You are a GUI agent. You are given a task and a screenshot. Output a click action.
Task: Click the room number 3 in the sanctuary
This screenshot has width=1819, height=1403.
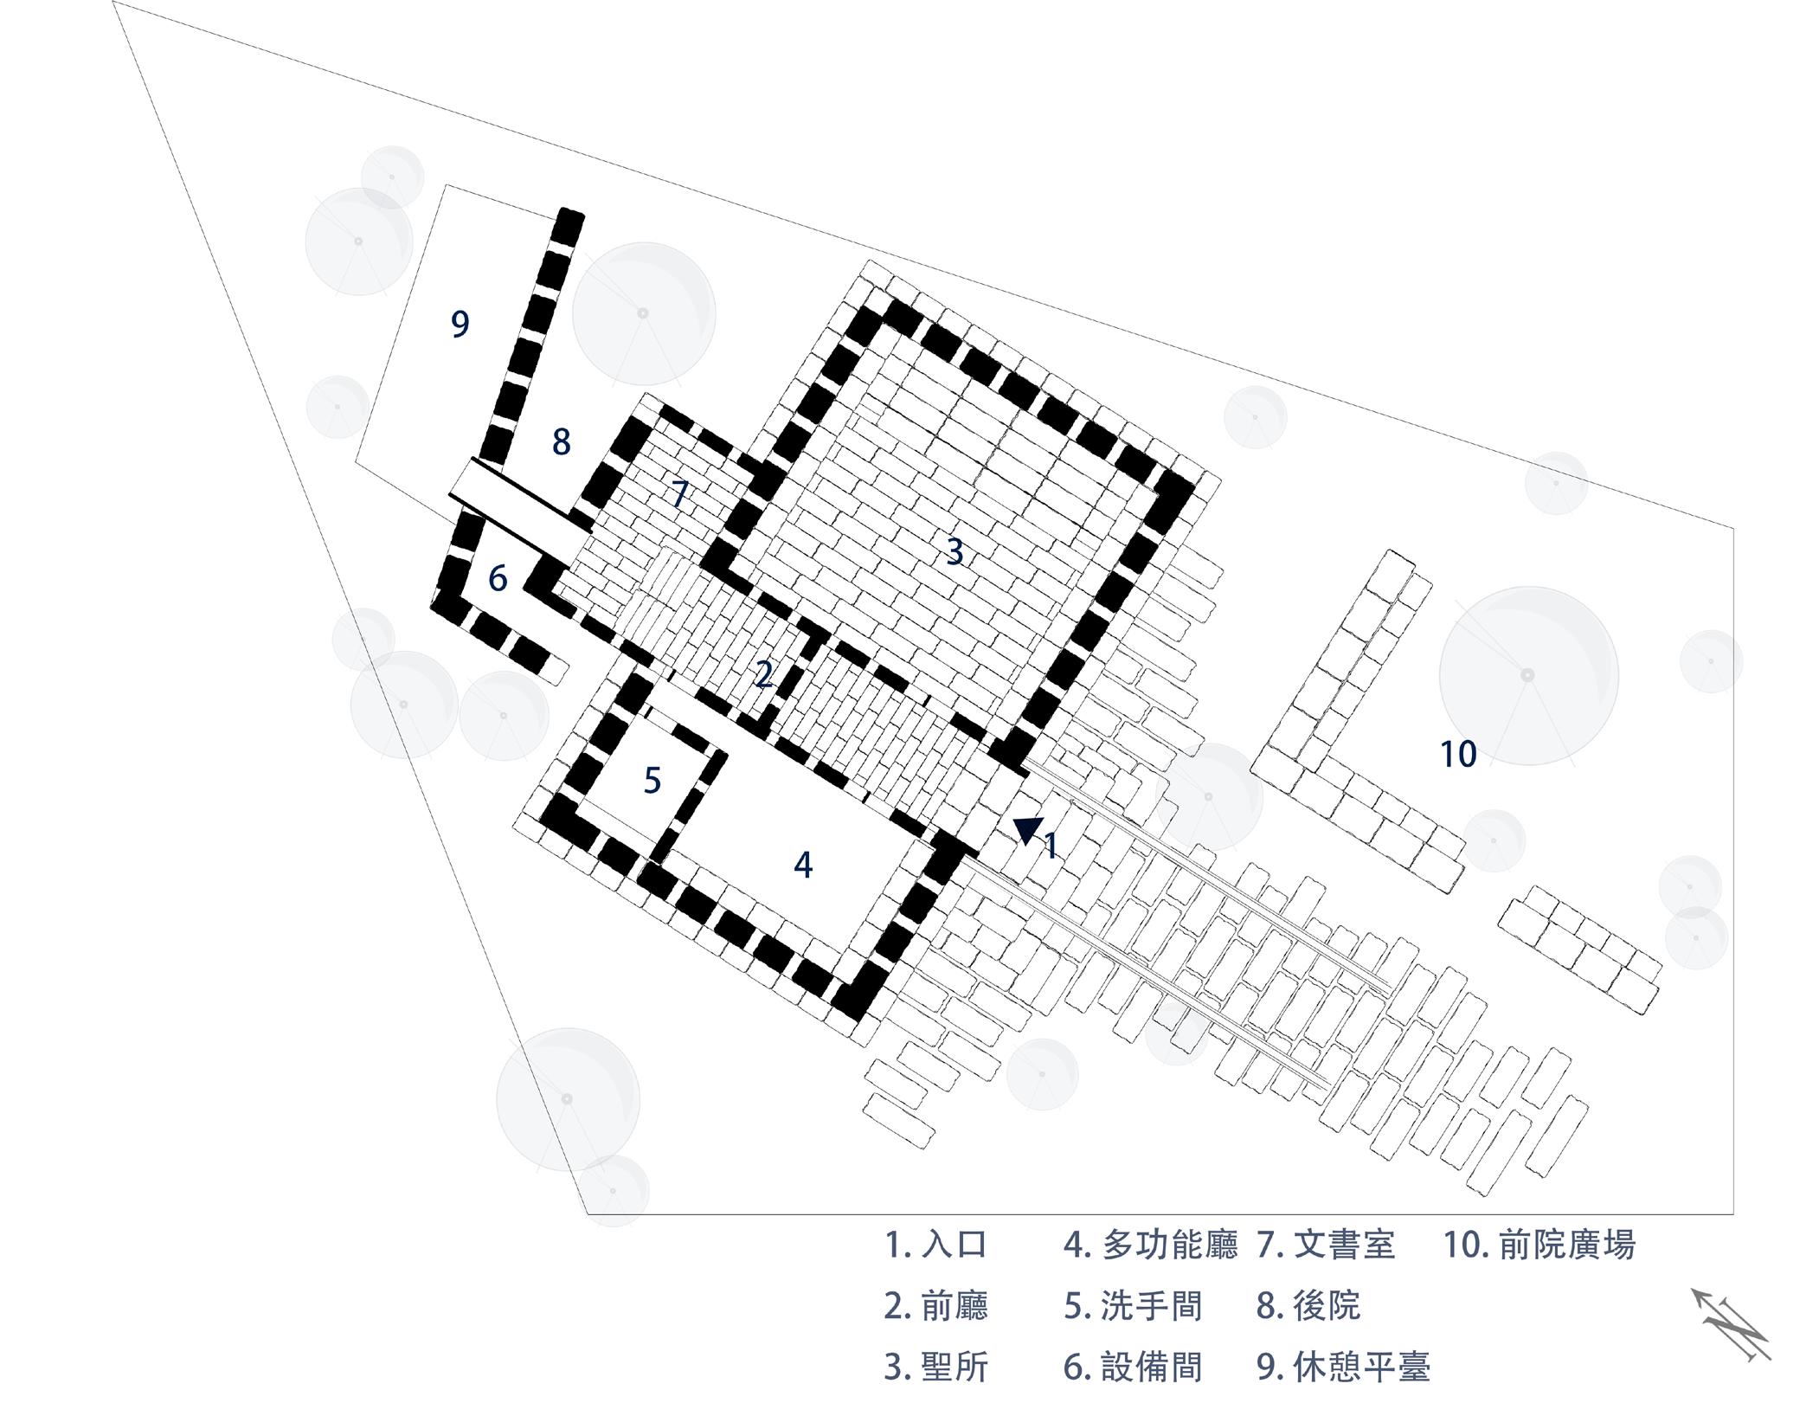click(954, 551)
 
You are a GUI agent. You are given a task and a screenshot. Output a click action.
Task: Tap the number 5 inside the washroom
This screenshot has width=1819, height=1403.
click(652, 781)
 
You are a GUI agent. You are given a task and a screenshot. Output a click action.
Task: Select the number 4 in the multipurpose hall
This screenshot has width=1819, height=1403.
click(803, 865)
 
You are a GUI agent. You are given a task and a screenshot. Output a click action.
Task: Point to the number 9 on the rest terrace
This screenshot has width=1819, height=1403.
click(460, 325)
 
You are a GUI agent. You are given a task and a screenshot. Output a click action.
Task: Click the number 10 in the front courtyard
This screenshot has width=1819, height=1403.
click(1457, 755)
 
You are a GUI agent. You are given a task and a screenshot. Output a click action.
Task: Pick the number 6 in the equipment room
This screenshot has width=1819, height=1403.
click(497, 578)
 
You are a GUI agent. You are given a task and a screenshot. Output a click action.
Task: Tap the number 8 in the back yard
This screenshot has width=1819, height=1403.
click(562, 442)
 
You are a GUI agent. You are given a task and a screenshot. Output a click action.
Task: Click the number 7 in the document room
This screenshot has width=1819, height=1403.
click(680, 495)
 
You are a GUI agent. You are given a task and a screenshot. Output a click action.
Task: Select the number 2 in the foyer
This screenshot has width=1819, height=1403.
click(762, 674)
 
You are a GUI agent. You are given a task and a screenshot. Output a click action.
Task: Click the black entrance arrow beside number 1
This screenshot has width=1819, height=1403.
click(1027, 830)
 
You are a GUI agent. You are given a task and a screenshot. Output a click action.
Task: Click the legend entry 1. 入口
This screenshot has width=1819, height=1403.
click(935, 1245)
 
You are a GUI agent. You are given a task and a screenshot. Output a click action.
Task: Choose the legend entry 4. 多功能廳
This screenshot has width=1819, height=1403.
click(1150, 1245)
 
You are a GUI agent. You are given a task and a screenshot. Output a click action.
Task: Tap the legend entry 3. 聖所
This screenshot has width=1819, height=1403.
click(935, 1367)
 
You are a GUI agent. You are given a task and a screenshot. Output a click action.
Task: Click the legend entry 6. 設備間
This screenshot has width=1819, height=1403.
click(1133, 1367)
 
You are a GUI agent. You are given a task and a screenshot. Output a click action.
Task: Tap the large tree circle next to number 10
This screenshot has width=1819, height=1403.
click(1528, 675)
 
